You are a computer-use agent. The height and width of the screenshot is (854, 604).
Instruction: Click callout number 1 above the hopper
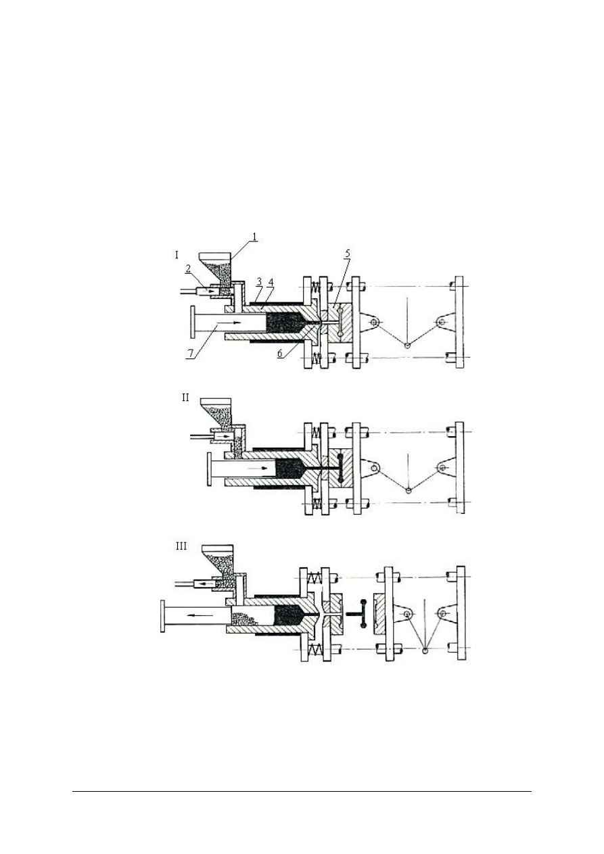pyautogui.click(x=254, y=237)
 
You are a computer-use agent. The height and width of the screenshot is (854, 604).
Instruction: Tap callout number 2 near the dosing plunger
pyautogui.click(x=187, y=269)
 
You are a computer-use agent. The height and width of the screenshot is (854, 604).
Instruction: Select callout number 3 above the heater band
pyautogui.click(x=259, y=282)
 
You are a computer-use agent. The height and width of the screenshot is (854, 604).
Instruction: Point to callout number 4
pyautogui.click(x=271, y=282)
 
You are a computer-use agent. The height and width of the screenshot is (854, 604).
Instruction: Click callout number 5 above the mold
pyautogui.click(x=348, y=254)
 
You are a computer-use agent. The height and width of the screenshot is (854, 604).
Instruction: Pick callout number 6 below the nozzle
pyautogui.click(x=280, y=354)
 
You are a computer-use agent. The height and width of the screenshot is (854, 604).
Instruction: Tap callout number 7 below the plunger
pyautogui.click(x=189, y=354)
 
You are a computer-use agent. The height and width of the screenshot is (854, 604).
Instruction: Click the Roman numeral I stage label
pyautogui.click(x=177, y=255)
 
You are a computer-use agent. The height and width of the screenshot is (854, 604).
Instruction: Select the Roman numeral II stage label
pyautogui.click(x=185, y=398)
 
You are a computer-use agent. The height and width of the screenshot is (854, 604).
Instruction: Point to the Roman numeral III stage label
pyautogui.click(x=181, y=546)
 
